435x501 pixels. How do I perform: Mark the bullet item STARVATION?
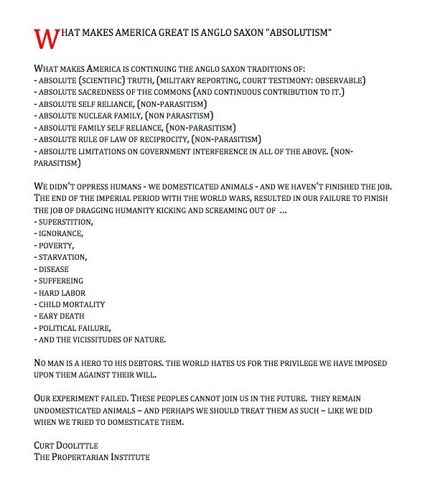click(x=63, y=257)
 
